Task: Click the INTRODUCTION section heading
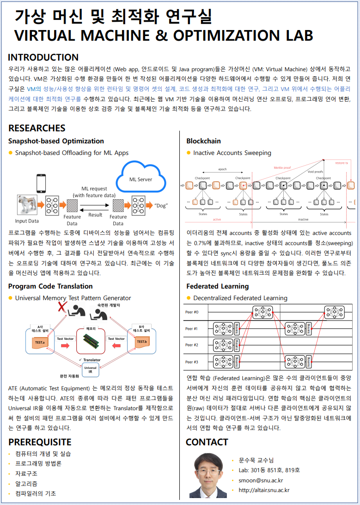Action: click(43, 58)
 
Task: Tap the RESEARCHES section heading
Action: click(37, 128)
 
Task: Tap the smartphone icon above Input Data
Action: click(41, 183)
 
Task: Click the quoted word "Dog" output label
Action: click(161, 205)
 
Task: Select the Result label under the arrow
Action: click(95, 215)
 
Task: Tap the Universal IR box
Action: click(90, 369)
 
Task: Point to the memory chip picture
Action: click(91, 343)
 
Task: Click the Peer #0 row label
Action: click(192, 312)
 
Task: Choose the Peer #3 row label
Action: click(192, 362)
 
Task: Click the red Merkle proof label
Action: click(282, 168)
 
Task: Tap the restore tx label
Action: click(342, 163)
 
